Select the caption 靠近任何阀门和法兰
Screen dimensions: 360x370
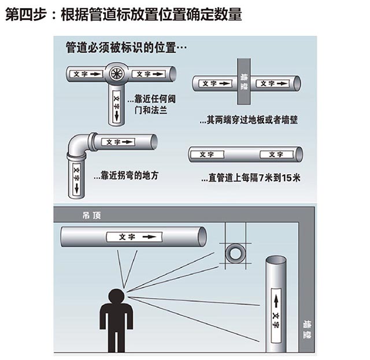pos(151,104)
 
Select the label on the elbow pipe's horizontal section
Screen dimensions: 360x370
pos(117,142)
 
